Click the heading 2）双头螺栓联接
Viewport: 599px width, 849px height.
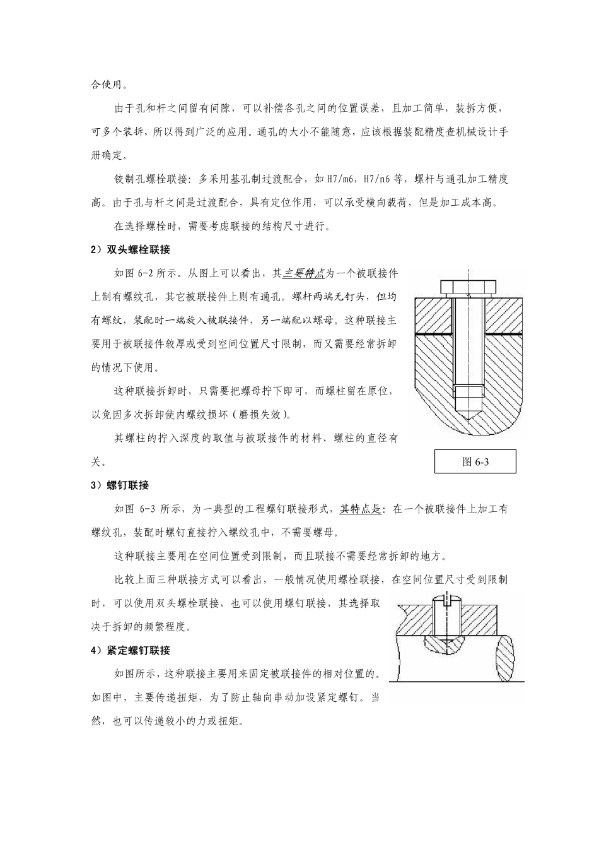point(131,250)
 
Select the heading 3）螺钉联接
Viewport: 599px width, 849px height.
point(120,485)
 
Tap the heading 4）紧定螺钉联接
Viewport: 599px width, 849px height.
point(131,650)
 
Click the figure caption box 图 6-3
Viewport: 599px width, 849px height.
point(475,461)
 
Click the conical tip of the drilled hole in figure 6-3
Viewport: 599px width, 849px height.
point(467,417)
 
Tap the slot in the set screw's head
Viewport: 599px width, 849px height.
point(445,600)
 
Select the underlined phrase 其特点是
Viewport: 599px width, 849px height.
point(361,509)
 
